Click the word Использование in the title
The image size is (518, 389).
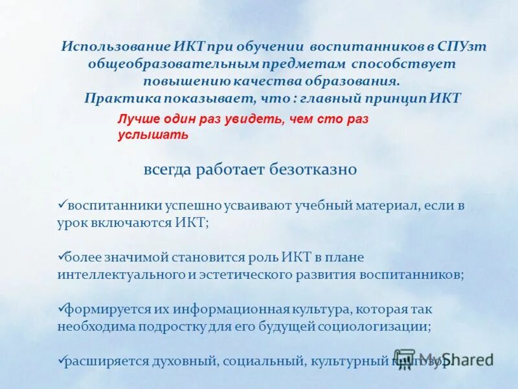(115, 47)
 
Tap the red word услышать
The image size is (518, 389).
(153, 135)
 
